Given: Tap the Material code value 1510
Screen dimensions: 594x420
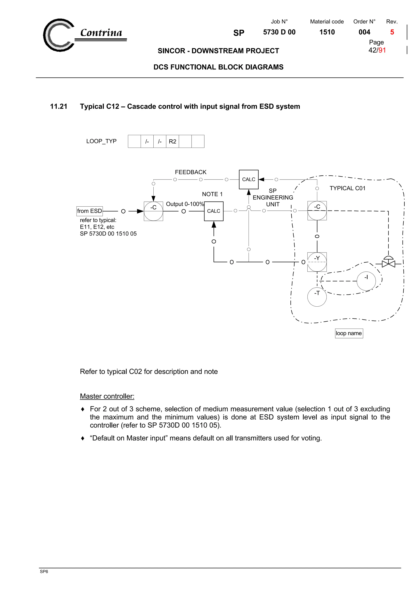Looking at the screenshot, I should click(x=327, y=32).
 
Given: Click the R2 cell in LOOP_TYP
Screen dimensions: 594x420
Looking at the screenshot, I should click(x=172, y=141).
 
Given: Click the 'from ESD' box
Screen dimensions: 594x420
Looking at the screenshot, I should click(x=90, y=211).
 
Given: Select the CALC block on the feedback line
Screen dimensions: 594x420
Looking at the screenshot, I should click(x=248, y=179).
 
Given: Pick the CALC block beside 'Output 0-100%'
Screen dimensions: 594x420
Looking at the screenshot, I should click(x=213, y=211).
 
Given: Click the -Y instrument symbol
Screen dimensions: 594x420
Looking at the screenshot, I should click(x=317, y=262).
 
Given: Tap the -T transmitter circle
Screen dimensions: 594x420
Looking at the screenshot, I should click(x=317, y=297).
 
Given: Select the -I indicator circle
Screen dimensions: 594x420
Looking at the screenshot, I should click(x=366, y=281).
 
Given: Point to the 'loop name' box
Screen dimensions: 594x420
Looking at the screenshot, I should click(x=349, y=333).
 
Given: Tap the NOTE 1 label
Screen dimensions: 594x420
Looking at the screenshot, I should click(x=212, y=194).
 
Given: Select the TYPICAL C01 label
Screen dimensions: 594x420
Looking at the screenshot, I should click(x=347, y=188).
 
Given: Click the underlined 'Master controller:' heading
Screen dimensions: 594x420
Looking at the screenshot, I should click(x=107, y=396).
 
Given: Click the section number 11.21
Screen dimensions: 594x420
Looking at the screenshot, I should click(x=58, y=107).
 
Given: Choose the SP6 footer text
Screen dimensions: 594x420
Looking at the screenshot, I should click(x=44, y=571).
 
